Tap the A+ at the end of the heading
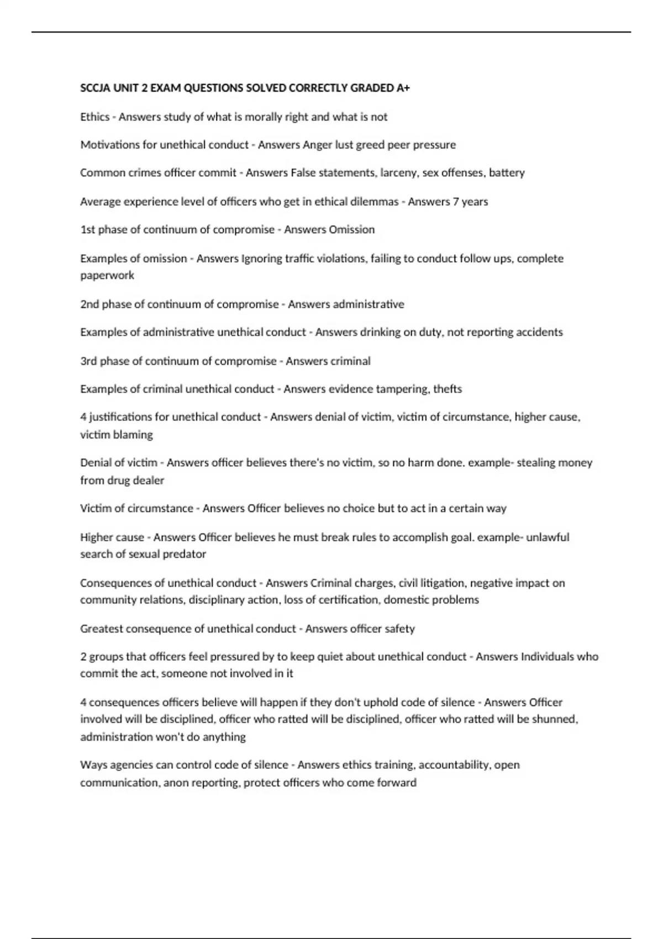pyautogui.click(x=403, y=88)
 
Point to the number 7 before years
pyautogui.click(x=455, y=202)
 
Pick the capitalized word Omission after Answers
pyautogui.click(x=352, y=230)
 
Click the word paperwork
pyautogui.click(x=107, y=275)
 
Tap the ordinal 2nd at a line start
pyautogui.click(x=90, y=304)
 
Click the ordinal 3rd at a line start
pyautogui.click(x=88, y=361)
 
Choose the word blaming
pyautogui.click(x=133, y=435)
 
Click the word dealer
pyautogui.click(x=149, y=481)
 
